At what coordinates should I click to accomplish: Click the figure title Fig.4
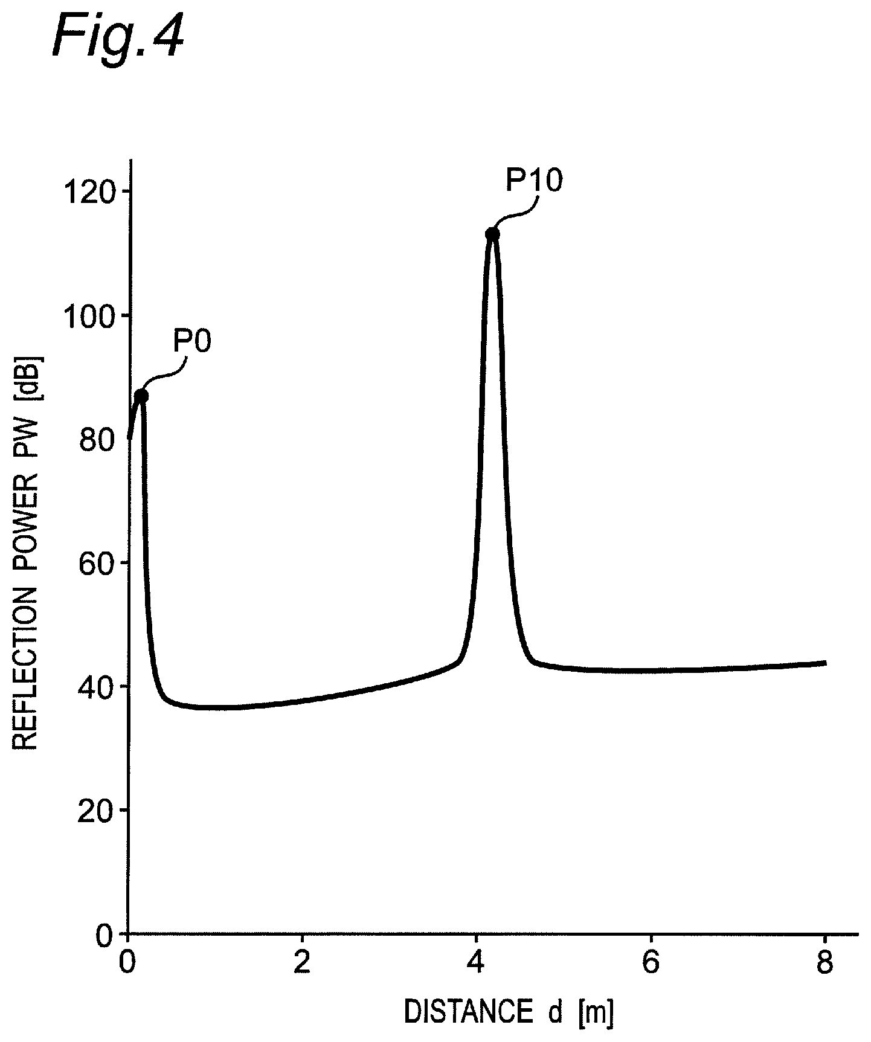(118, 37)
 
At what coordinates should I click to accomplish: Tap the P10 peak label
(534, 181)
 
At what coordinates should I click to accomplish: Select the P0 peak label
(193, 342)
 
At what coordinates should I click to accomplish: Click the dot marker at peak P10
(493, 234)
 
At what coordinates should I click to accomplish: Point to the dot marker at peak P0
(141, 396)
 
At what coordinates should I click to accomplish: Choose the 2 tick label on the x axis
(302, 963)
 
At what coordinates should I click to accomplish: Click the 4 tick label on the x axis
(477, 963)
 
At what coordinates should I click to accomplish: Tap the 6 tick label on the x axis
(651, 963)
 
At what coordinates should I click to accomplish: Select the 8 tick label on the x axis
(825, 963)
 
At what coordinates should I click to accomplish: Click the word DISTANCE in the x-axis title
(465, 1012)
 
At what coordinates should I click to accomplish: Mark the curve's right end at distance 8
(825, 663)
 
